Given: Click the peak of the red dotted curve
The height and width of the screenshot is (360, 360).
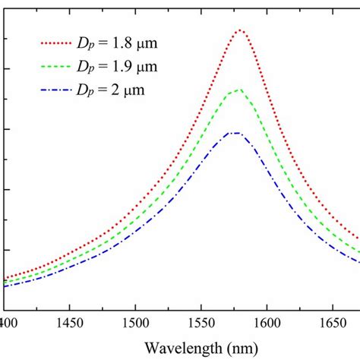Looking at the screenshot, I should pyautogui.click(x=239, y=30).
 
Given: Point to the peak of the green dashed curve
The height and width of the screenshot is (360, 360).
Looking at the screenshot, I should pyautogui.click(x=238, y=90).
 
